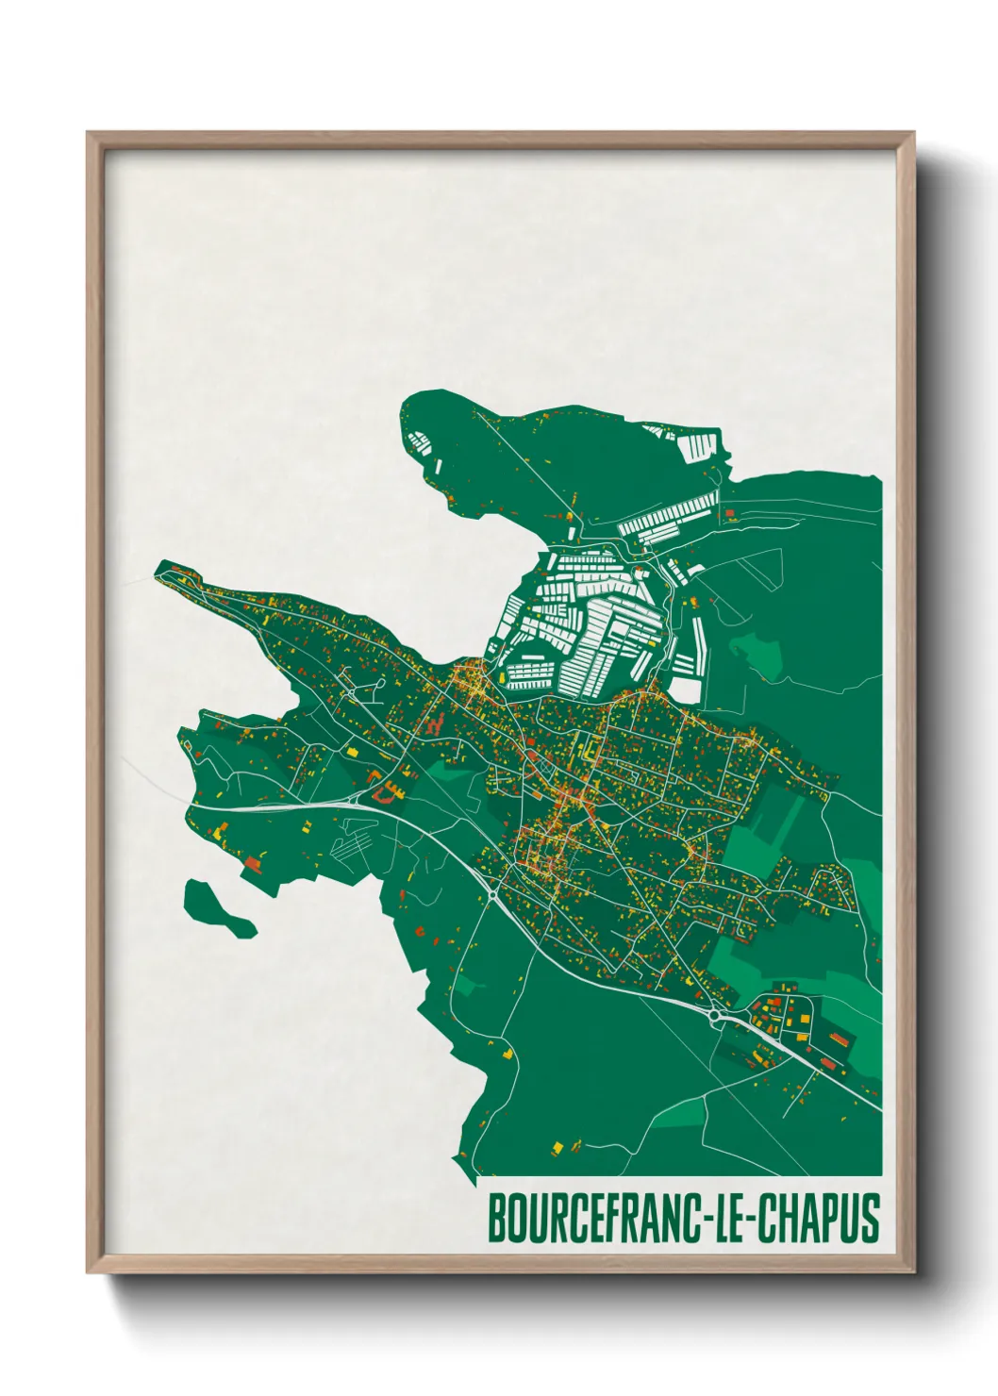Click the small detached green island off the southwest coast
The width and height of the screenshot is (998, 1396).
point(216,907)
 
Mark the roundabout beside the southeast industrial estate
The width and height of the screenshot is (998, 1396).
point(714,1016)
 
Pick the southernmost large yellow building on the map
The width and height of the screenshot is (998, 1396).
point(557,1147)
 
